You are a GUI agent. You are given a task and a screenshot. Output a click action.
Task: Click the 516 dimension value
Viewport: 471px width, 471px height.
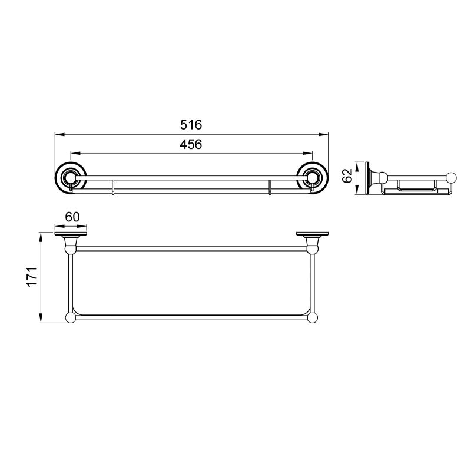coord(191,125)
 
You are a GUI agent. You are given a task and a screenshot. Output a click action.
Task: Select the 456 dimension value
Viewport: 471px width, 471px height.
coord(191,144)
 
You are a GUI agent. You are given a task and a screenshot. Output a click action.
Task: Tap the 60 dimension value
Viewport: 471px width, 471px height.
coord(72,217)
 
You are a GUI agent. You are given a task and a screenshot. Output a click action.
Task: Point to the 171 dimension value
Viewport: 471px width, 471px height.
coord(32,277)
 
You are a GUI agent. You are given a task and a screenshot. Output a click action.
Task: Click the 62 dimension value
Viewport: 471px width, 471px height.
coord(347,175)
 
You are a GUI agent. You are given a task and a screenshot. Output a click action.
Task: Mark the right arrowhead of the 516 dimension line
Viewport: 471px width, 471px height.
coord(323,135)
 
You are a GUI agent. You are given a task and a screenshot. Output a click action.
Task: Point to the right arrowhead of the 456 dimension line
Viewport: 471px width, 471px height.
coord(307,154)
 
